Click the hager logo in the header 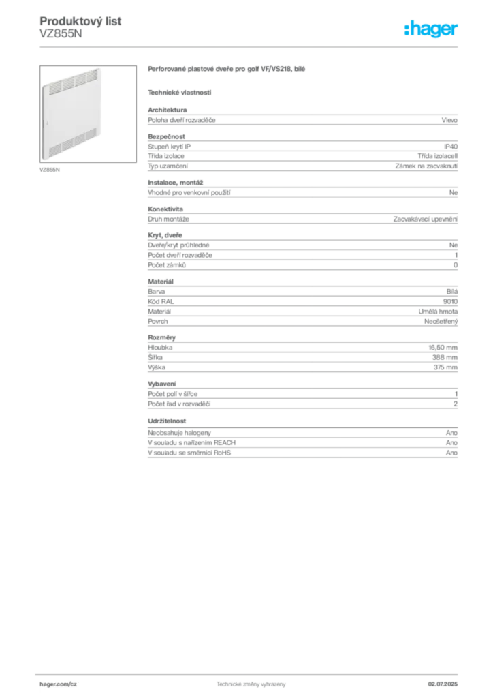[431, 29]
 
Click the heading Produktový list [80, 21]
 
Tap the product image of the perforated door [88, 114]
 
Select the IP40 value [451, 147]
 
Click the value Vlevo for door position [449, 120]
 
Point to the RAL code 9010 [450, 301]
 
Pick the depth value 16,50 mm [443, 348]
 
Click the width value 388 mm [445, 357]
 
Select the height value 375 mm [445, 367]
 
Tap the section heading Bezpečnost [166, 136]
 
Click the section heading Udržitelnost [167, 421]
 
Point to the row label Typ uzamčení [168, 166]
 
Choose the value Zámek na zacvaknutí [426, 166]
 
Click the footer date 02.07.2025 [443, 684]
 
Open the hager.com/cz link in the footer [59, 684]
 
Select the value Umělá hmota [438, 312]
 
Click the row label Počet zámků [167, 265]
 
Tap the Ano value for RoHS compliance [451, 453]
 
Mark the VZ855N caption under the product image [49, 170]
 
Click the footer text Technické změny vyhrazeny [251, 684]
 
